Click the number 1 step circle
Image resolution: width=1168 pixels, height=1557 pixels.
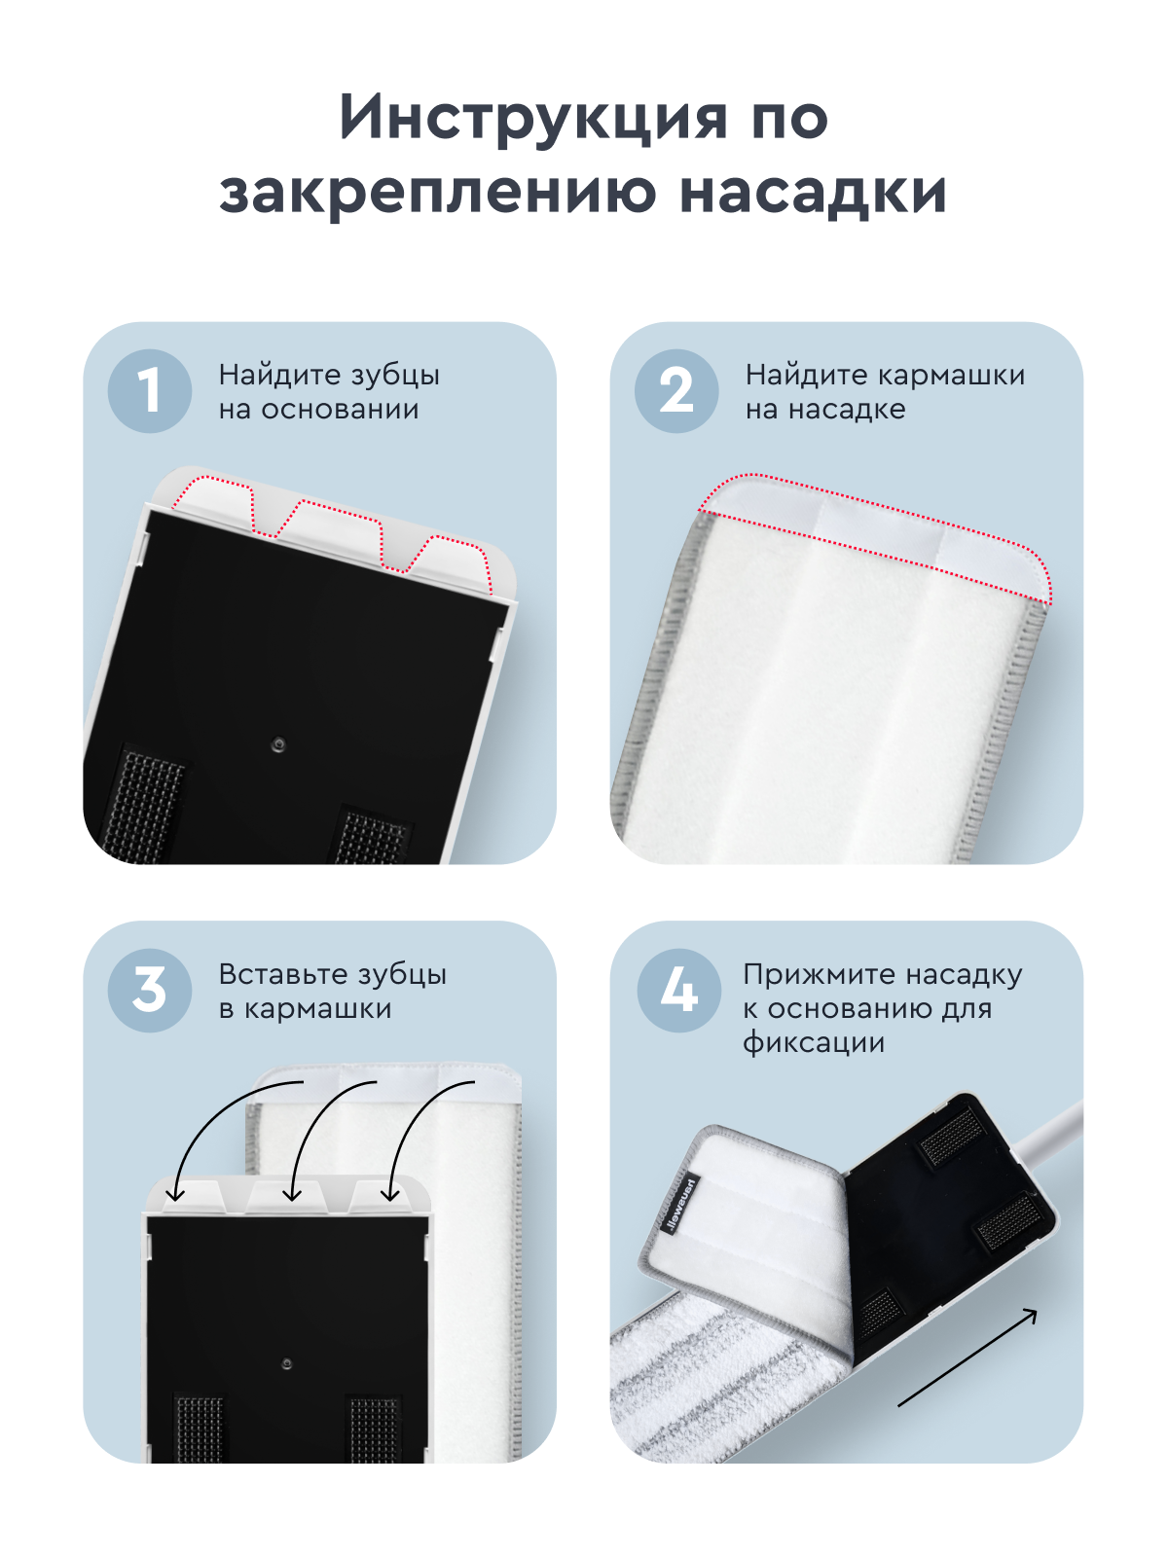149,391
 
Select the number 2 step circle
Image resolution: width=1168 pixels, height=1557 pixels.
676,391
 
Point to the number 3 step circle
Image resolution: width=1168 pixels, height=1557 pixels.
149,991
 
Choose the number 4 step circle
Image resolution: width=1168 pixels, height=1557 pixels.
678,991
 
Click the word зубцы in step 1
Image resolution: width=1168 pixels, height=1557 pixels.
395,376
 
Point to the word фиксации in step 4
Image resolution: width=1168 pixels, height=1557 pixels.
814,1043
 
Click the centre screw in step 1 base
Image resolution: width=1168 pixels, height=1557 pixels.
278,745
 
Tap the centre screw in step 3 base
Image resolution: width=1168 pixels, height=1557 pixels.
286,1364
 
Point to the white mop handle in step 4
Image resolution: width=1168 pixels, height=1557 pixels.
1056,1134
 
